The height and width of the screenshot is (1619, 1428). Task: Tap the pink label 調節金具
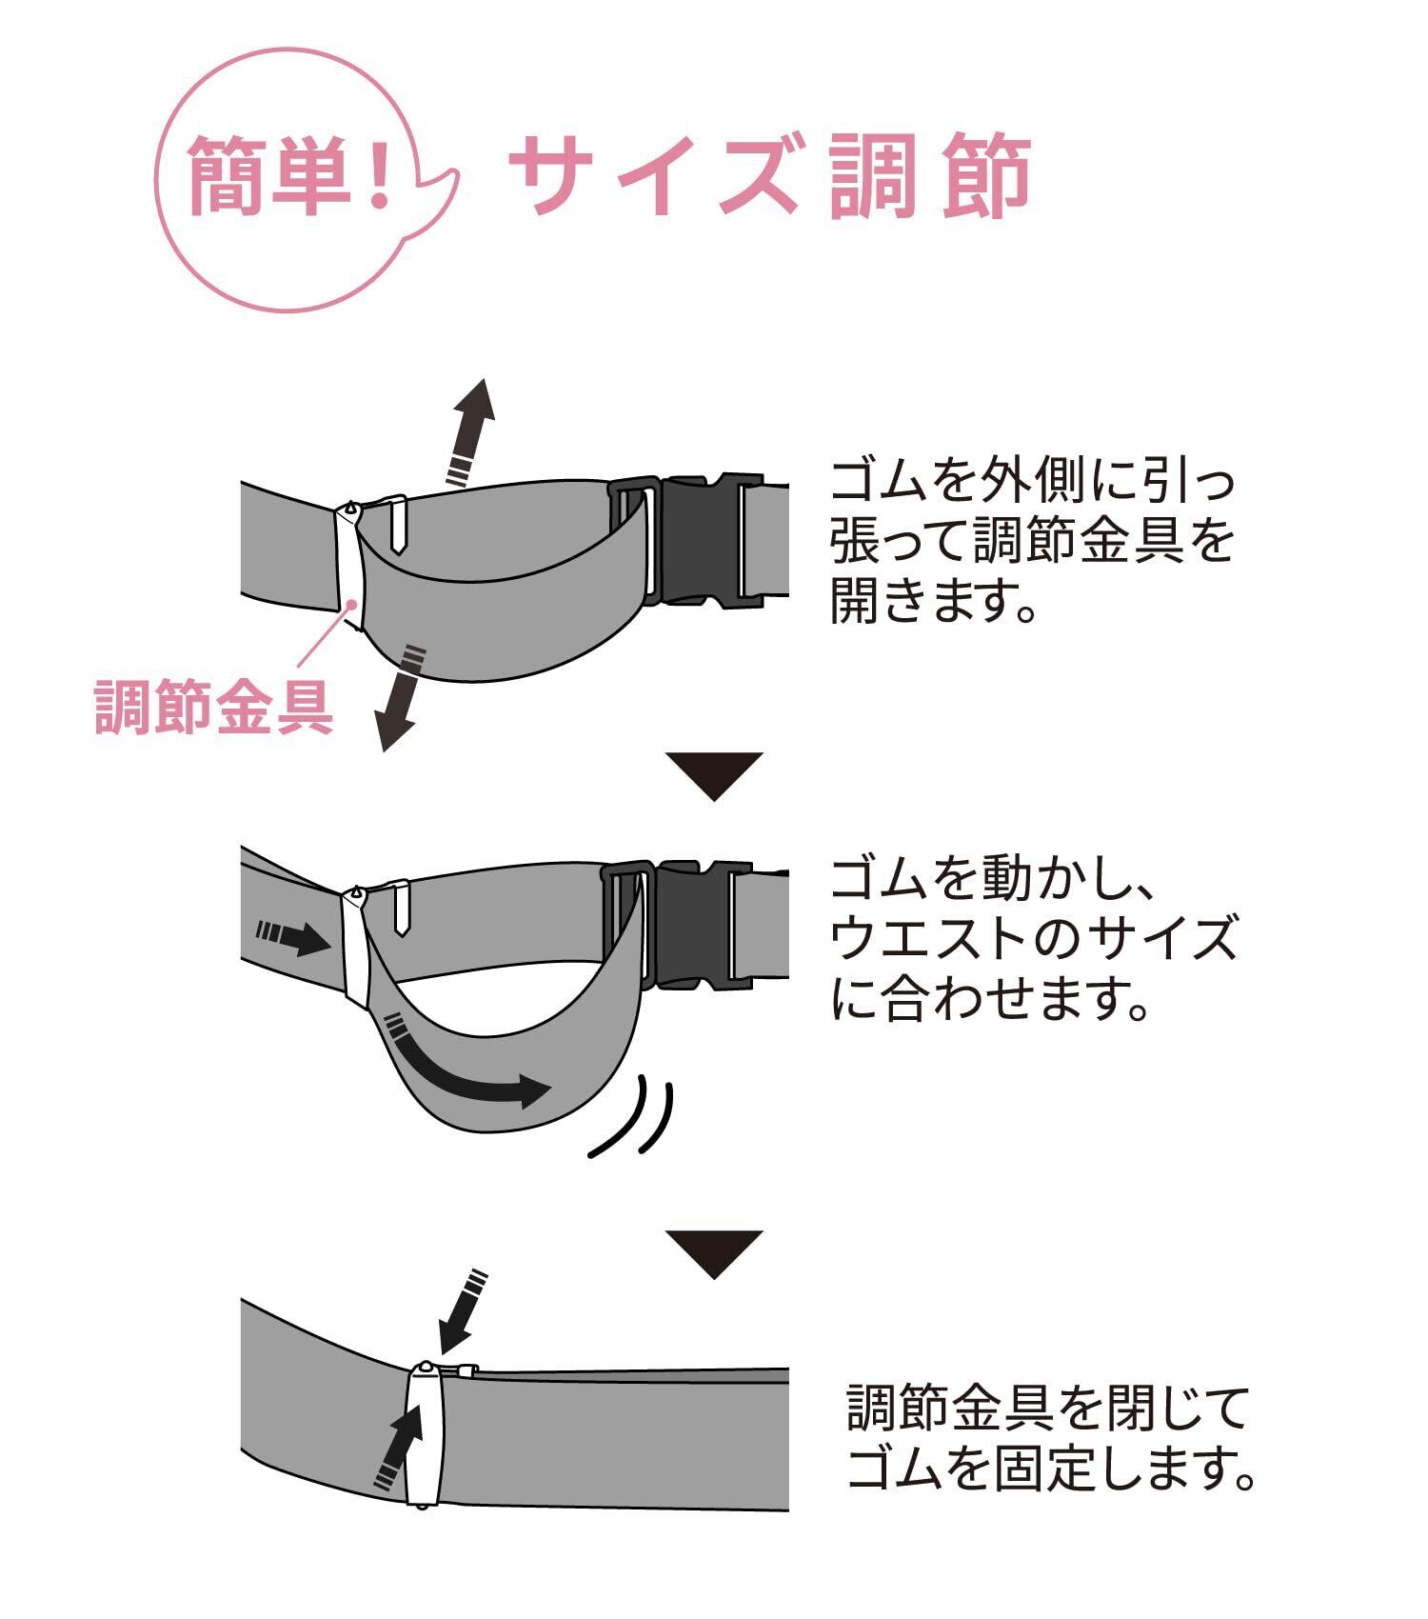pyautogui.click(x=214, y=707)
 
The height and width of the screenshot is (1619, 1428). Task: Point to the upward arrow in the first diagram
pyautogui.click(x=470, y=430)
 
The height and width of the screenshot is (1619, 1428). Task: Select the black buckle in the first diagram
pyautogui.click(x=700, y=541)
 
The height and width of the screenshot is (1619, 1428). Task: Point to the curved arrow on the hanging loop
pyautogui.click(x=466, y=1062)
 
